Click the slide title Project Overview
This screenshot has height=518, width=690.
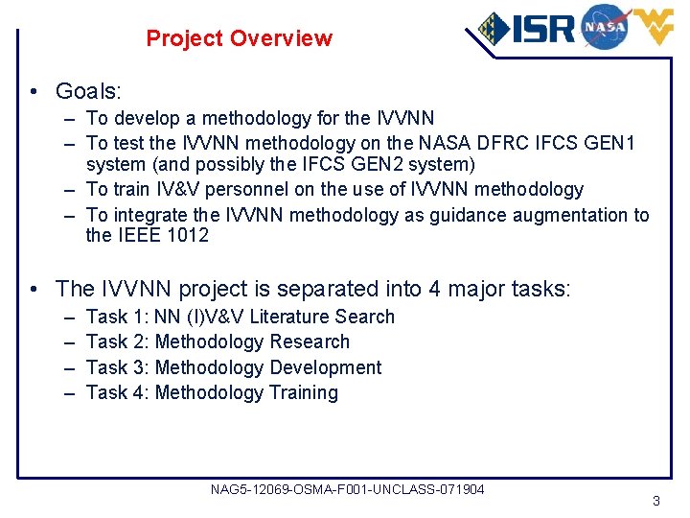click(239, 39)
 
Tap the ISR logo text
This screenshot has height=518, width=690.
click(542, 29)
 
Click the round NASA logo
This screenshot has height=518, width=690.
click(604, 26)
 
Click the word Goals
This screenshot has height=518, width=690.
click(88, 91)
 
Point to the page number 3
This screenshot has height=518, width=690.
click(655, 501)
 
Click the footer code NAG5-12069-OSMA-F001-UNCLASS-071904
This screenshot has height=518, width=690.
click(347, 490)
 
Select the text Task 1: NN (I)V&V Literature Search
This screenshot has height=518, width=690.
click(240, 317)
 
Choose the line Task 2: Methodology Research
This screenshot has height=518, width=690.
click(218, 341)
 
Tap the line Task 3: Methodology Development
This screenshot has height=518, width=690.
click(234, 367)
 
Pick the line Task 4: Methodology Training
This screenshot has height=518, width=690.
click(212, 392)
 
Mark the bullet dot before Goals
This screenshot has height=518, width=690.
click(34, 92)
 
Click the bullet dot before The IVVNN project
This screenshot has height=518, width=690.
click(34, 289)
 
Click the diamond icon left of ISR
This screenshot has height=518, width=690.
click(494, 29)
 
